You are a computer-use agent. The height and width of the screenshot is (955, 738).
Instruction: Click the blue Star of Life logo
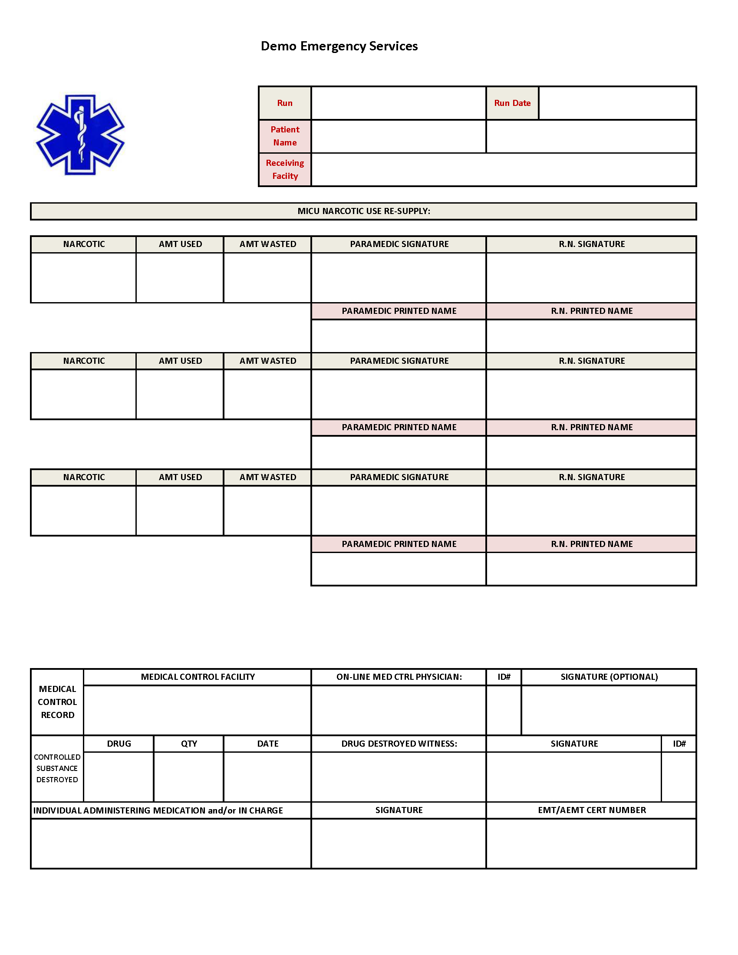click(80, 135)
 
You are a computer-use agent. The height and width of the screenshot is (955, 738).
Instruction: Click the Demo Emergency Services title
click(339, 46)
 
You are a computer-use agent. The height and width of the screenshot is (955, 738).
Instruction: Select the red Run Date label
click(512, 103)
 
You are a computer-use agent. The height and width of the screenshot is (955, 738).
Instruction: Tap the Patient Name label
click(285, 136)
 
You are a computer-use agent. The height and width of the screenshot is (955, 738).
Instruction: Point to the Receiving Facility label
click(285, 169)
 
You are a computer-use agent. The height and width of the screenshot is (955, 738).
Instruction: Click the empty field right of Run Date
click(617, 103)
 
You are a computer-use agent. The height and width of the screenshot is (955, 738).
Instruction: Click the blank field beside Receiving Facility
click(503, 170)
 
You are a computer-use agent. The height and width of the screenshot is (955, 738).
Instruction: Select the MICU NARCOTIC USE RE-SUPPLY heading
click(363, 211)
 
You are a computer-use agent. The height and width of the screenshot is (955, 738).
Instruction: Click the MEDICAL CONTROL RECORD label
click(57, 702)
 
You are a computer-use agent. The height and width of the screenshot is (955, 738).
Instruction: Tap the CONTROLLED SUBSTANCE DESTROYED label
click(57, 768)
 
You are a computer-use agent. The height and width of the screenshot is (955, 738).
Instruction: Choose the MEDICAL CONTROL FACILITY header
click(198, 677)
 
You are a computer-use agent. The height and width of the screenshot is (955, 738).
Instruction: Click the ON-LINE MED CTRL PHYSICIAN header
click(399, 677)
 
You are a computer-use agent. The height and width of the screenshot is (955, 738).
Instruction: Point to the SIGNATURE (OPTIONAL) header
click(609, 677)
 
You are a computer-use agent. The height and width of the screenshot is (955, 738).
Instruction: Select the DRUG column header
click(119, 743)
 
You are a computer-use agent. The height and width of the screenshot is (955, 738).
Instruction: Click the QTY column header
click(189, 743)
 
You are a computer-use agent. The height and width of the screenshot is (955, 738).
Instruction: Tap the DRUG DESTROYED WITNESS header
click(399, 743)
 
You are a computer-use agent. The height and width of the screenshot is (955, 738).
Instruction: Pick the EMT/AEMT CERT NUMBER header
click(592, 810)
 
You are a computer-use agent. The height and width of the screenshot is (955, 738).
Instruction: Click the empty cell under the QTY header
click(188, 777)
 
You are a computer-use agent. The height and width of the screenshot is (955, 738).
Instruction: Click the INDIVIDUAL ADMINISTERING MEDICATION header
click(158, 810)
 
